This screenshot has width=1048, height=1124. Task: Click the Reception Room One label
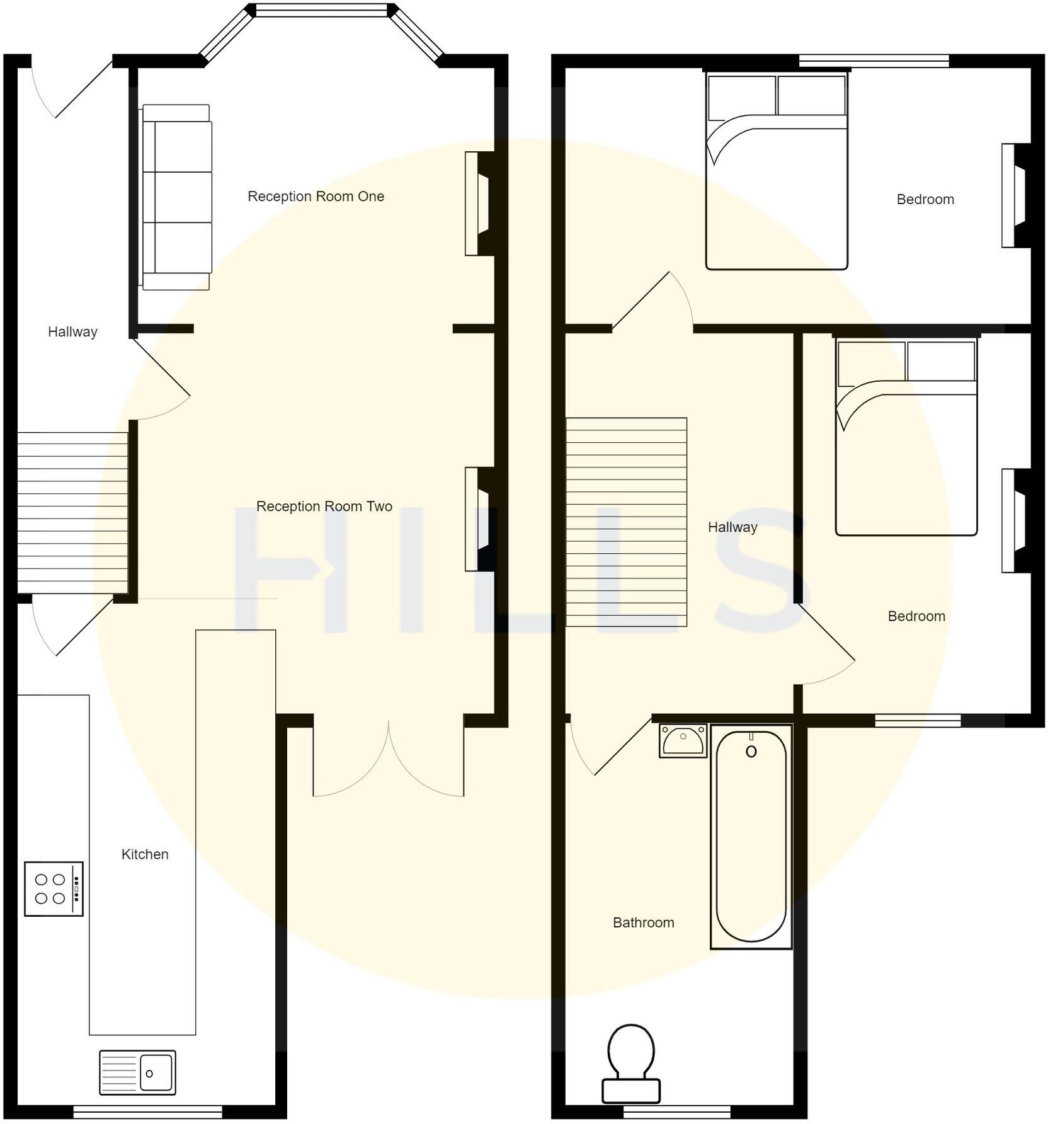(x=316, y=197)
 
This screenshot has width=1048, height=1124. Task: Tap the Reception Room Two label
(x=324, y=507)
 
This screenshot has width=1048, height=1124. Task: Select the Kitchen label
(x=145, y=854)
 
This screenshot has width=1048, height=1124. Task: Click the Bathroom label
(x=643, y=922)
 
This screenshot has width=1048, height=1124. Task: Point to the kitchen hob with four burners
(x=54, y=888)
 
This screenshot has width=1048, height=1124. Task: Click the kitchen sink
(x=137, y=1072)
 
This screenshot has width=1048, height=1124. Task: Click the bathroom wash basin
(x=683, y=740)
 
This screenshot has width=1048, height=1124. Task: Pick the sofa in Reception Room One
(x=176, y=197)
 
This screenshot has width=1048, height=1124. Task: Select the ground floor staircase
(x=72, y=512)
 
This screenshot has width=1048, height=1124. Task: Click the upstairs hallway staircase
(x=626, y=522)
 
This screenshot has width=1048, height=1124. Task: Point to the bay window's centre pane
(x=321, y=10)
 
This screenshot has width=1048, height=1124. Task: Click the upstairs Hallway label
(x=732, y=527)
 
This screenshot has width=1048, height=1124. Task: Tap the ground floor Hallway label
(x=72, y=332)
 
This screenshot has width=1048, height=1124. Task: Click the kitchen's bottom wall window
(x=148, y=1112)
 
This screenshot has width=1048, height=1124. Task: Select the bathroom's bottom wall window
(x=676, y=1112)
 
